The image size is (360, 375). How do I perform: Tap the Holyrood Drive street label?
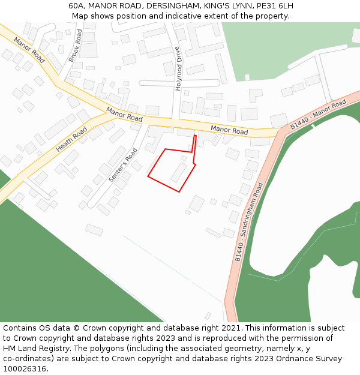tap(178, 68)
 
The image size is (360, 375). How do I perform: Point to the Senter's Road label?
tap(119, 166)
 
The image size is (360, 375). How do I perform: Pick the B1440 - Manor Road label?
tap(318, 115)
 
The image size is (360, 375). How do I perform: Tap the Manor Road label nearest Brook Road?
tap(29, 50)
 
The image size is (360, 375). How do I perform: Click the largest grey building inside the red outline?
tap(179, 172)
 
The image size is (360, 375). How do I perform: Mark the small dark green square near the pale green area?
tap(247, 77)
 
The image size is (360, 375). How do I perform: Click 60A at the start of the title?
tap(76, 6)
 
